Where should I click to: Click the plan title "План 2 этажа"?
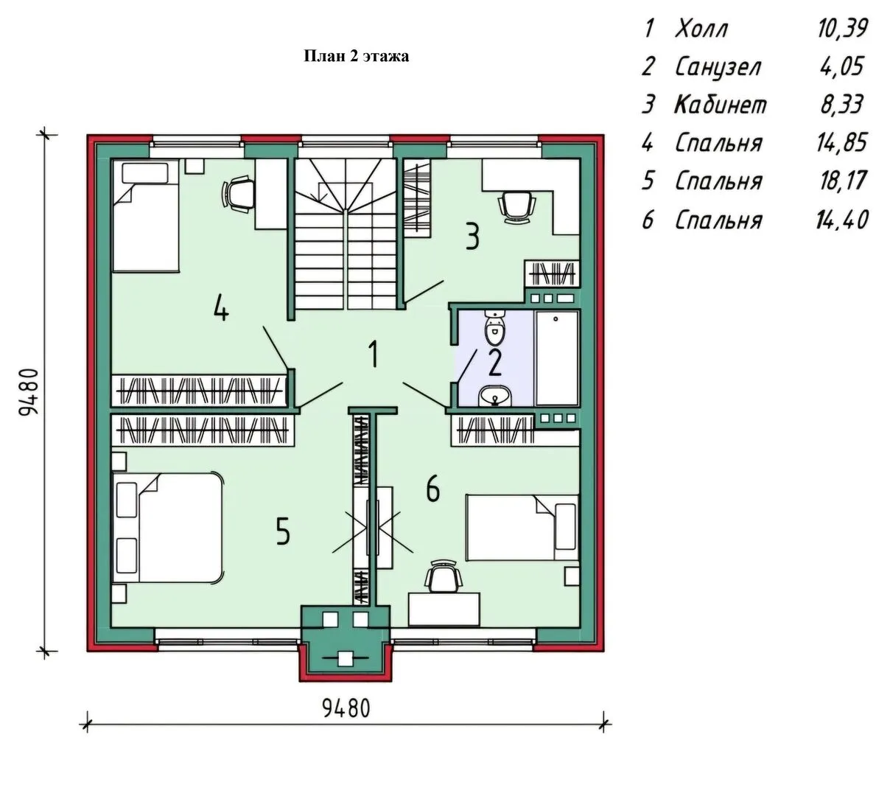pos(357,56)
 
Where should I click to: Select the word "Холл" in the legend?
pos(701,29)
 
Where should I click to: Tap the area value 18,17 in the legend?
pos(843,181)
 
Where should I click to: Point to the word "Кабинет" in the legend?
pos(721,105)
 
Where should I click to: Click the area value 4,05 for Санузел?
pos(842,67)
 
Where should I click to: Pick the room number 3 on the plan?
pos(472,237)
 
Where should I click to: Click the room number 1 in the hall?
pos(373,354)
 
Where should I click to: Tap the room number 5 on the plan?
pos(283,531)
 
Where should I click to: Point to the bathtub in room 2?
pos(557,357)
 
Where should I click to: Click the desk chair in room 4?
pos(238,193)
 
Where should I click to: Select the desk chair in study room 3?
pos(516,207)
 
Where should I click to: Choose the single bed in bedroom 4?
pos(146,215)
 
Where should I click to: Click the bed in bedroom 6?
pos(522,528)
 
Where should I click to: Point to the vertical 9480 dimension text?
pos(29,391)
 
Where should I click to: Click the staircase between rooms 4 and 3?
pos(346,234)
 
